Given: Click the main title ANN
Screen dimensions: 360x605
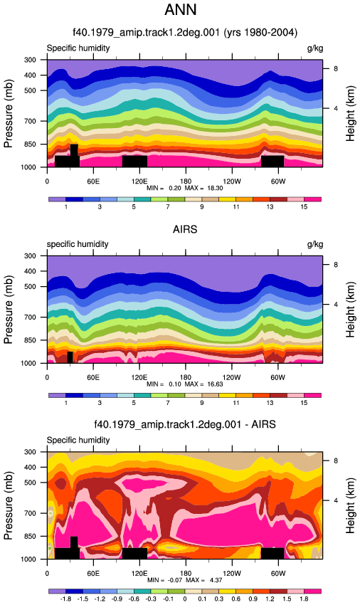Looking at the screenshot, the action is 181,10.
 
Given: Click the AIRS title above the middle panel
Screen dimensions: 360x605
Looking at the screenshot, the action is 185,230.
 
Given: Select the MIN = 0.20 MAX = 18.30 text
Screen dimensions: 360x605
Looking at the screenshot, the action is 184,188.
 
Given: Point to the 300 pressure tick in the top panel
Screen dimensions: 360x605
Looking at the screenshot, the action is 31,60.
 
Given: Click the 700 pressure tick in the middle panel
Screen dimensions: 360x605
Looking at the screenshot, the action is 31,317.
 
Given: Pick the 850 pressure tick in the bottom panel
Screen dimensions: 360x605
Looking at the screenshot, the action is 31,537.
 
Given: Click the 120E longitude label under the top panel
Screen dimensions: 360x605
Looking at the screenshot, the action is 139,181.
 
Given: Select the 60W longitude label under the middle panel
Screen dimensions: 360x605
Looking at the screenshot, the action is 277,377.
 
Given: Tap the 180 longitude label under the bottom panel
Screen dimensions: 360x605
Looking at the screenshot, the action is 185,574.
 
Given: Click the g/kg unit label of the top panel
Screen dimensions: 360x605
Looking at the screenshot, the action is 315,48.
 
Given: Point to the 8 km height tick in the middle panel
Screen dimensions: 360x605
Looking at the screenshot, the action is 336,265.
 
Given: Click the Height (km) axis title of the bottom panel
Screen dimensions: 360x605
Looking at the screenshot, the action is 349,506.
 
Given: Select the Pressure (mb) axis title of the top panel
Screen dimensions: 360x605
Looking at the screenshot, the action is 8,114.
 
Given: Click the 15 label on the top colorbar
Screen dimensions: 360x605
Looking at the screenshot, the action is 304,207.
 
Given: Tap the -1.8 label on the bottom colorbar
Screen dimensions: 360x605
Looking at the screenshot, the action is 65,599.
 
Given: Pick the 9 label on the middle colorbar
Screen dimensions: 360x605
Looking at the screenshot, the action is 202,403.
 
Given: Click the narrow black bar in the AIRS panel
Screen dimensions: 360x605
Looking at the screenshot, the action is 70,357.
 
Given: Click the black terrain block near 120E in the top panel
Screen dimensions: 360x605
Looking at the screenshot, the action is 134,162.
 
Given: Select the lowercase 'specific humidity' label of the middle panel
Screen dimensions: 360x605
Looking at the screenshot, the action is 78,244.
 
